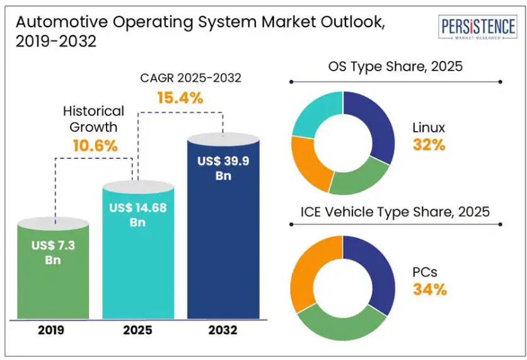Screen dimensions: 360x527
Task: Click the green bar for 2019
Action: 54,284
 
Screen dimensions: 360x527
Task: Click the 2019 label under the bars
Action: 53,330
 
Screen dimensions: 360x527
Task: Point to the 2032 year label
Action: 223,330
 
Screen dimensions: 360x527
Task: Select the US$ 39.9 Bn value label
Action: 223,168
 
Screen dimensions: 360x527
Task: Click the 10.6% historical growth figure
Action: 95,146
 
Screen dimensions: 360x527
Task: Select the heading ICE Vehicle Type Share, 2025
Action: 395,211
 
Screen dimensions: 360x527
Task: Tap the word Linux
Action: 429,128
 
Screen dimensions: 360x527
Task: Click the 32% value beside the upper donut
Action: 429,145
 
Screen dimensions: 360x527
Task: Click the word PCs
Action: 425,272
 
